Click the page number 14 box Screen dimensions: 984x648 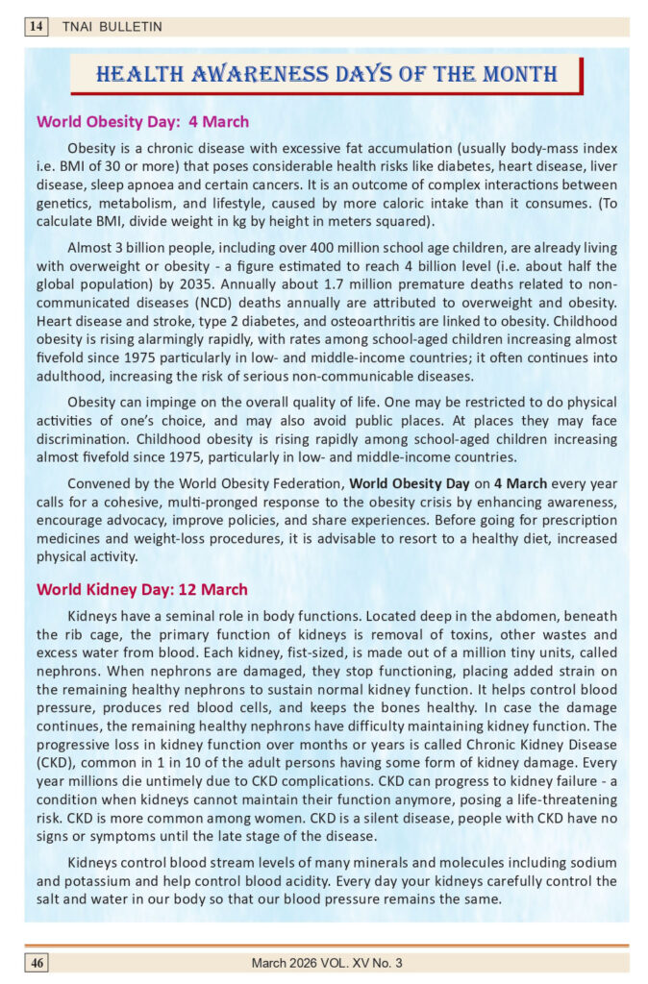(37, 27)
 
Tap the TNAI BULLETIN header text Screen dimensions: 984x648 (99, 27)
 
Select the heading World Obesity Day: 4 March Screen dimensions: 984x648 (142, 122)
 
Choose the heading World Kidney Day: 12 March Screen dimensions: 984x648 (141, 589)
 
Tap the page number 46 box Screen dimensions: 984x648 (37, 962)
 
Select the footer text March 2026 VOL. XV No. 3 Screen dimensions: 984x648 (327, 962)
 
